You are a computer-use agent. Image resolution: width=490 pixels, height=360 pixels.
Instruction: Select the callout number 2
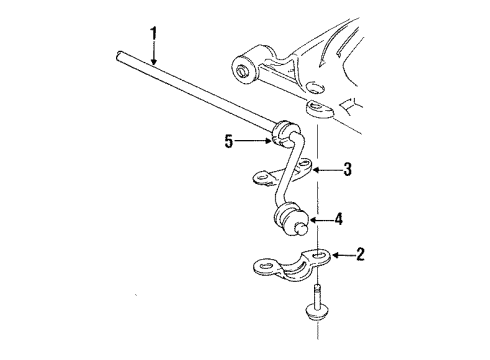361,256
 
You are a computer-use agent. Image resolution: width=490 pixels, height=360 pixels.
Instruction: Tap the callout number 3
348,170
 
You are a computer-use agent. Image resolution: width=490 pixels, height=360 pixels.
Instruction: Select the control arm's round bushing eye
244,69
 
